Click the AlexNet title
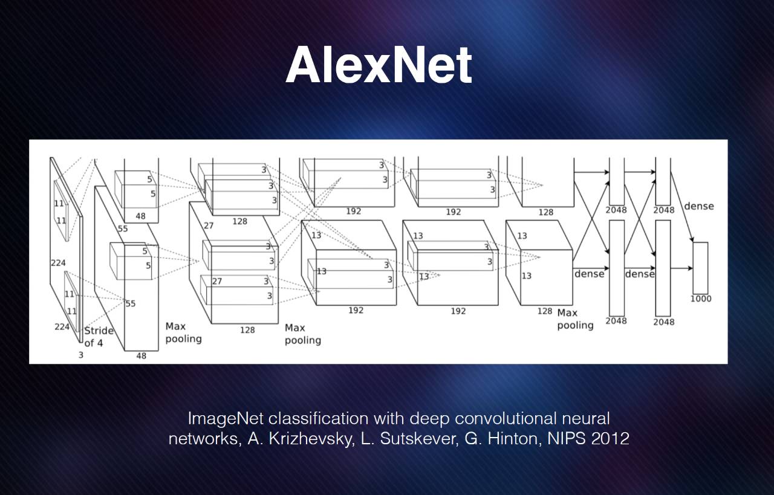379,65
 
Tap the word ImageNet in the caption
226,418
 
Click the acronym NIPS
567,439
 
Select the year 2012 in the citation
611,439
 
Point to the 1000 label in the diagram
701,299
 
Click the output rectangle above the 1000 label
700,267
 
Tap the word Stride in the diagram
99,331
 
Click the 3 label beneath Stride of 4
80,355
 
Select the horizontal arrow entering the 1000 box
681,268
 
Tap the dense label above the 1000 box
699,206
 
